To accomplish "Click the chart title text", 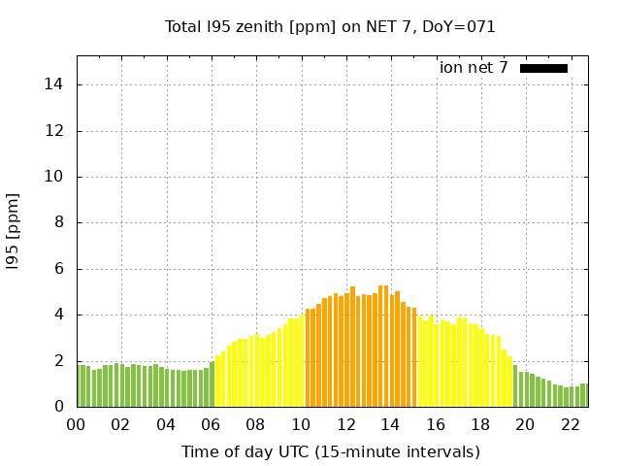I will pos(330,27).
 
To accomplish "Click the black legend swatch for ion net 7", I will pos(543,68).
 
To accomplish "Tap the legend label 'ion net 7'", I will pos(474,68).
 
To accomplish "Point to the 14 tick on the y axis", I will pos(54,84).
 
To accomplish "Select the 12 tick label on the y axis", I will pos(54,131).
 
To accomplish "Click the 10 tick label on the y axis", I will pos(54,177).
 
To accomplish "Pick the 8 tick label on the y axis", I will pos(58,222).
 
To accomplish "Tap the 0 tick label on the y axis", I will pos(58,407).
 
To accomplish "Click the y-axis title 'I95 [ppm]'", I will pos(14,231).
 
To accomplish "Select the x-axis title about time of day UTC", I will pos(330,452).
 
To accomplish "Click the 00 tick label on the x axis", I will pos(76,425).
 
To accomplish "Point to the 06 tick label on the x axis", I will pos(211,425).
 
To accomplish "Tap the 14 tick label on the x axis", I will pos(390,425).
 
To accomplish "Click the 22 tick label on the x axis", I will pos(570,425).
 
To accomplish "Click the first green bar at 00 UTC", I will pos(82,386).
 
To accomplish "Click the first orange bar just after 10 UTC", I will pos(309,359).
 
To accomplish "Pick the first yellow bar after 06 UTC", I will pos(218,382).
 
